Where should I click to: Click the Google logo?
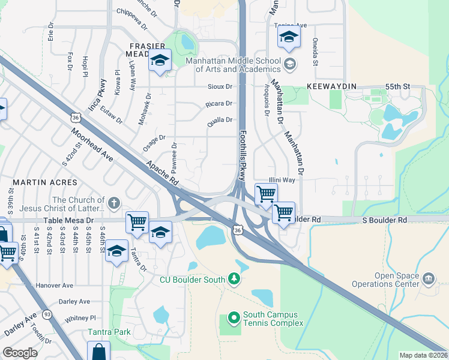pyautogui.click(x=20, y=353)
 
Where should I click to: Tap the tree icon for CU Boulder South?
pyautogui.click(x=234, y=280)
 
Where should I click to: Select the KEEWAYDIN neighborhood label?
pyautogui.click(x=332, y=86)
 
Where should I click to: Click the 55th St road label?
pyautogui.click(x=397, y=86)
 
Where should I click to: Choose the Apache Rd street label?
pyautogui.click(x=163, y=171)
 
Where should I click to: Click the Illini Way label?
pyautogui.click(x=281, y=179)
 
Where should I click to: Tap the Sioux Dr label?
pyautogui.click(x=220, y=86)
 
